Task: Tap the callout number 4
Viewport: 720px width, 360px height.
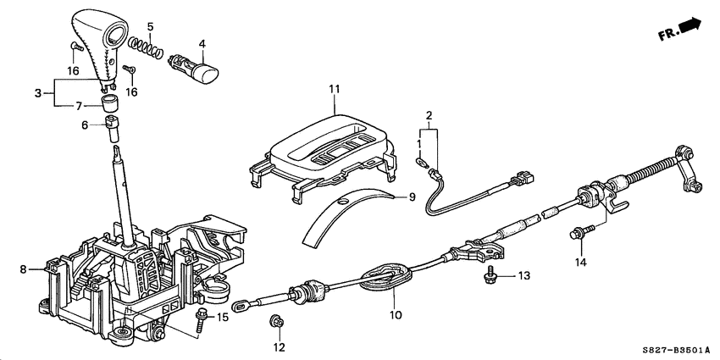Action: (x=202, y=42)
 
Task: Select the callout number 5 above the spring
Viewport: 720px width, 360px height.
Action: (x=149, y=27)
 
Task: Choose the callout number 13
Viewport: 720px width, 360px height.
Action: (x=524, y=275)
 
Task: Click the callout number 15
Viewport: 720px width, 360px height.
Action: (x=224, y=317)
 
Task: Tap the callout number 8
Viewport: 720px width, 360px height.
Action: (x=23, y=269)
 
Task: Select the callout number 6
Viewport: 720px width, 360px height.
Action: (x=85, y=124)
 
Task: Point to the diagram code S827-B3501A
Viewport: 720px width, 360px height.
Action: (x=674, y=350)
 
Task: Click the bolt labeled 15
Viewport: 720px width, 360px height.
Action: (x=200, y=319)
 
